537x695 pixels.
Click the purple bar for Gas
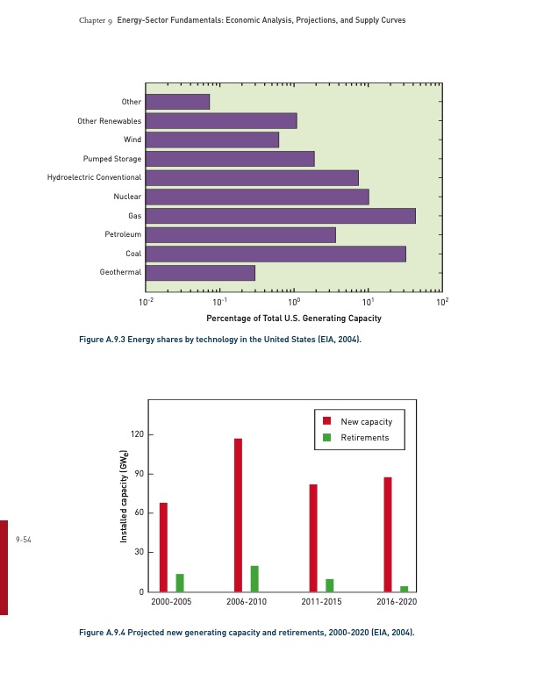pos(280,216)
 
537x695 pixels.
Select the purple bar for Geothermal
pos(200,273)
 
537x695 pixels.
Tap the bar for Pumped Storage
pos(230,159)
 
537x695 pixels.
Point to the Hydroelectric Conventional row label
pos(94,178)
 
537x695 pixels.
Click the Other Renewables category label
pos(109,121)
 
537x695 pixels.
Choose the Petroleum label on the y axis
pos(123,235)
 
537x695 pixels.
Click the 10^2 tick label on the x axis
pos(442,301)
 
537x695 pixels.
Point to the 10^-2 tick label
pos(147,301)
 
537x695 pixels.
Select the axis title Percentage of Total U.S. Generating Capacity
pos(294,318)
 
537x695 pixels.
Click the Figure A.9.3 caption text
pos(219,339)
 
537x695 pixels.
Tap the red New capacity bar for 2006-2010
pos(238,515)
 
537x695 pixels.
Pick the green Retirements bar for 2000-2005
pos(180,583)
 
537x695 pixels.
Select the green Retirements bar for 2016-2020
pos(405,589)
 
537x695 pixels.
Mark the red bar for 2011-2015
pos(313,538)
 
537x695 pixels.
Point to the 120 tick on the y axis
pos(136,434)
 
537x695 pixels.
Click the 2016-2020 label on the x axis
pos(397,603)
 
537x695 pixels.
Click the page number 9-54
pos(24,541)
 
